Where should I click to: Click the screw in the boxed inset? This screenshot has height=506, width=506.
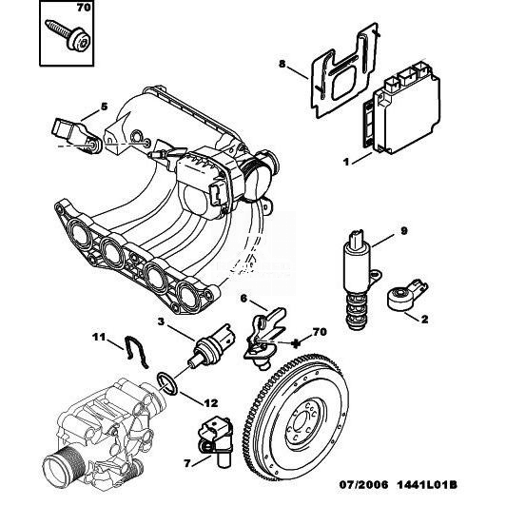[69, 34]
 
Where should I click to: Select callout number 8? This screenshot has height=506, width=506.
[282, 65]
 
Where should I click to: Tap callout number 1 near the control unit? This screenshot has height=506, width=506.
[346, 162]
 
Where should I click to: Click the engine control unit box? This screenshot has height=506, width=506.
[401, 108]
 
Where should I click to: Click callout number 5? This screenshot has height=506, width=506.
[104, 107]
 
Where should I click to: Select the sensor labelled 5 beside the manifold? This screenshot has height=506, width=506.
[77, 135]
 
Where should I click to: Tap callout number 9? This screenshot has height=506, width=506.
[404, 231]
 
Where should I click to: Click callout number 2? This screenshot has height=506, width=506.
[424, 320]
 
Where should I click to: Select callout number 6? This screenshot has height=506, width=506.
[243, 299]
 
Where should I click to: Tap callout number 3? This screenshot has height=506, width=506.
[161, 321]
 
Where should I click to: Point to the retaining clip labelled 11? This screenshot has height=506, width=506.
[135, 352]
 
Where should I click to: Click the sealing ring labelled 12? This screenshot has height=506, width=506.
[167, 383]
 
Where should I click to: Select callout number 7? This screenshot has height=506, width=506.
[187, 464]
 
